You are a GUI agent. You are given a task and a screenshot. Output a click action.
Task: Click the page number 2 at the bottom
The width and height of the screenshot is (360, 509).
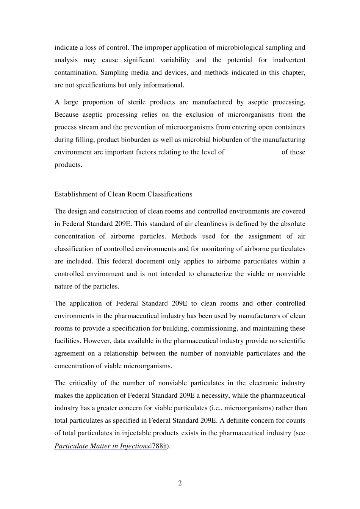(x=180, y=483)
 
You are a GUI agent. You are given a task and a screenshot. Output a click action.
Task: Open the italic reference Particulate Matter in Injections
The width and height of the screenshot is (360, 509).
(x=101, y=446)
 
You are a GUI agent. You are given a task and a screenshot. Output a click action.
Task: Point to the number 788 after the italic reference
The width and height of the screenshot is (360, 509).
(x=158, y=446)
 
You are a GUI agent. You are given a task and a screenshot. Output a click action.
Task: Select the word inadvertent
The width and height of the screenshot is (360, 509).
(x=289, y=60)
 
